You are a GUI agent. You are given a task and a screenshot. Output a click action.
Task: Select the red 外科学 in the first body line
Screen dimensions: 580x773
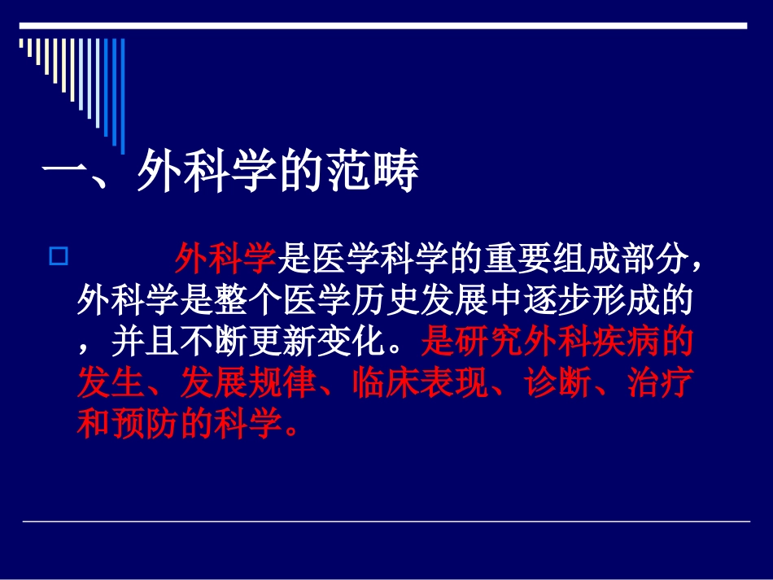(x=225, y=260)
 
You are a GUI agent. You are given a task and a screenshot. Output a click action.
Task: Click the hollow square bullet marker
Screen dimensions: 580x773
(x=58, y=258)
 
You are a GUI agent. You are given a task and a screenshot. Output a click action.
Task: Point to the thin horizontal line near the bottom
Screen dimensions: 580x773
(x=386, y=521)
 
